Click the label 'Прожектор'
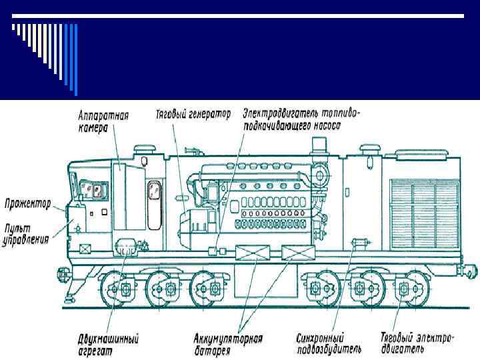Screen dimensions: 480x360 [x=28, y=203]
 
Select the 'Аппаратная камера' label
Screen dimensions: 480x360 [x=103, y=121]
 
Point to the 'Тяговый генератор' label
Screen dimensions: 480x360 [x=193, y=114]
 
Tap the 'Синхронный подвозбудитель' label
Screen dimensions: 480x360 [x=330, y=343]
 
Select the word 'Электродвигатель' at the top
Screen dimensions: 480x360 [x=277, y=113]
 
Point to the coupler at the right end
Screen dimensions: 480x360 [x=469, y=271]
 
